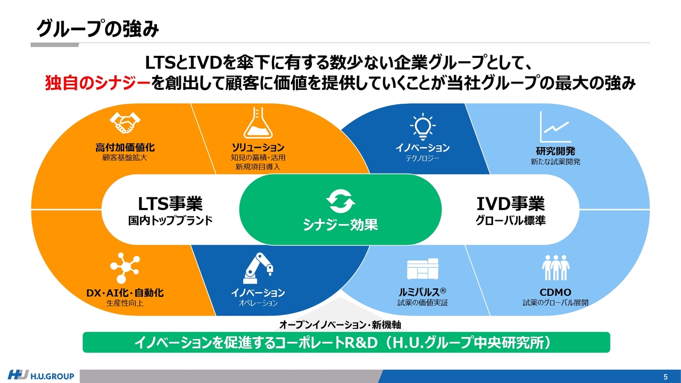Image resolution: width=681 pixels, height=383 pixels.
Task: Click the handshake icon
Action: coord(125,122)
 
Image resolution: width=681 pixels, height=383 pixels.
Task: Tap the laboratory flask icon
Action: coord(258,123)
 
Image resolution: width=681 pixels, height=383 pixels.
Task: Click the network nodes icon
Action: coord(125,268)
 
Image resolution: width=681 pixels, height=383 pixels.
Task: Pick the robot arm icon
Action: coord(258,269)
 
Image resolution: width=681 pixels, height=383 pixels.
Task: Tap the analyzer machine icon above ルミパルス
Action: coord(422,269)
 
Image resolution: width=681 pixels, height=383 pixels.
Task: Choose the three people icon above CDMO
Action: coord(555,268)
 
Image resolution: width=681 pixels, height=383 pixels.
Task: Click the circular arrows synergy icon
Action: coord(340,201)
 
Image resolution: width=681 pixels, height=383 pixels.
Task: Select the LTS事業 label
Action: coord(170,204)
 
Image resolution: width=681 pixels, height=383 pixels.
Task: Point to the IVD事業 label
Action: coord(511,204)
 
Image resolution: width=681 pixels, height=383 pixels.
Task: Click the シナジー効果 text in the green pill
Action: coord(340,225)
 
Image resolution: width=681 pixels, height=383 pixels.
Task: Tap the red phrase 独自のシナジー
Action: coord(98,83)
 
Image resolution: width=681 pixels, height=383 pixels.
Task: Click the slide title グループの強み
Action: coord(98,29)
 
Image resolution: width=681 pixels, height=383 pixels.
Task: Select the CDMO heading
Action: coord(555,293)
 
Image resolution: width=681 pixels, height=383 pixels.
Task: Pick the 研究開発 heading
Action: coord(555,151)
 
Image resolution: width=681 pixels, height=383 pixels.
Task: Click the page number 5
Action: coord(666,377)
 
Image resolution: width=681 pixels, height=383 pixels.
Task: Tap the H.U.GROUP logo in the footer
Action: coord(41,376)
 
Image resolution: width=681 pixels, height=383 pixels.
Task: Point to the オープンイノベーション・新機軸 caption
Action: coord(340,325)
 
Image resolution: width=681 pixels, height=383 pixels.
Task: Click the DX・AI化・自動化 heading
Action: coord(125,293)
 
